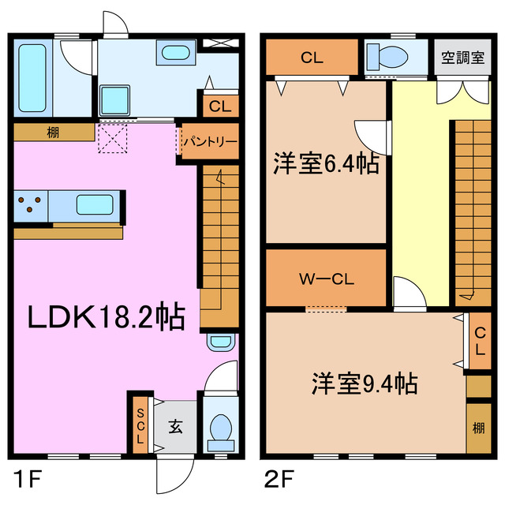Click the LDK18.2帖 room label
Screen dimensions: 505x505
click(x=107, y=318)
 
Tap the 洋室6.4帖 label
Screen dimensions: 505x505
click(x=326, y=165)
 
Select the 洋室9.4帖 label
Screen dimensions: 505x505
click(x=363, y=384)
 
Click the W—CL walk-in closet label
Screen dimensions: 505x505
click(x=326, y=279)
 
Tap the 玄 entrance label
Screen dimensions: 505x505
click(x=174, y=427)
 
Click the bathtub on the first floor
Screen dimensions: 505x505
click(x=32, y=79)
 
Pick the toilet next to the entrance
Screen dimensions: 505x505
click(x=220, y=426)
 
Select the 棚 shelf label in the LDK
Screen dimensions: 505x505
click(x=53, y=132)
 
